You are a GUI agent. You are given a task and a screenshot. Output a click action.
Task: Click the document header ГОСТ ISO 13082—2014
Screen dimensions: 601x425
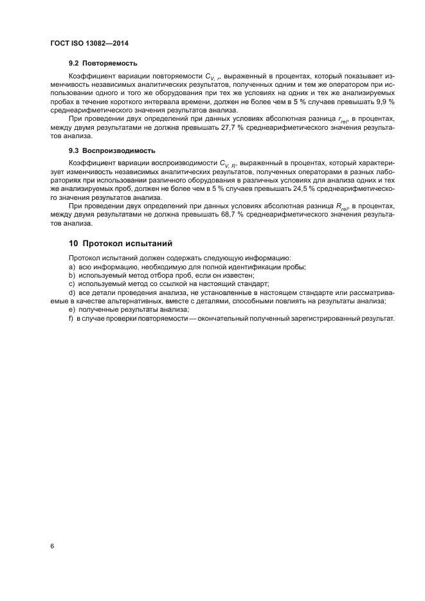(89, 43)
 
